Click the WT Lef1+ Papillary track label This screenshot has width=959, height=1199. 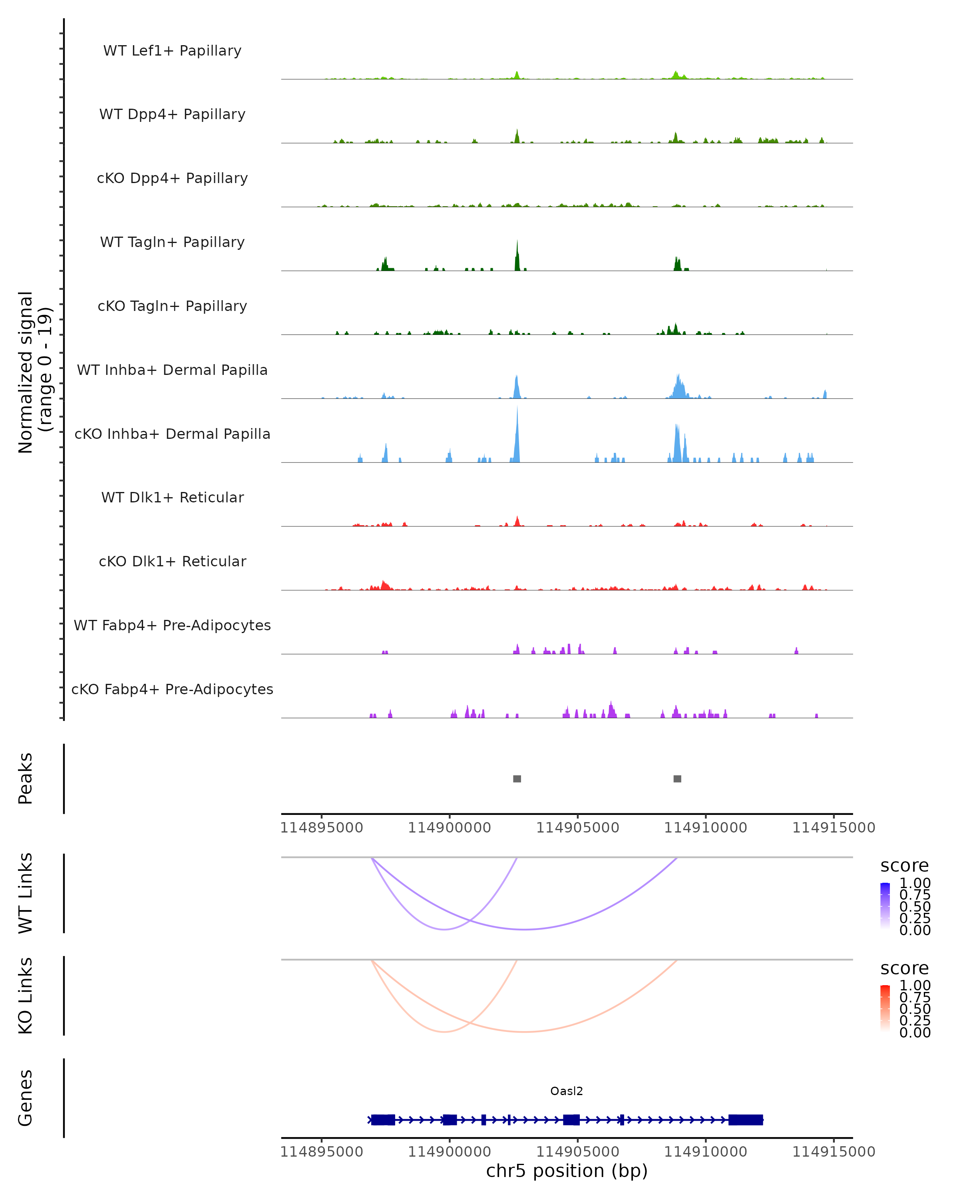point(172,51)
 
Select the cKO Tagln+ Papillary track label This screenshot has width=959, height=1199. point(172,306)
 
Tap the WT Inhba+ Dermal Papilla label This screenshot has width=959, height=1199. point(172,370)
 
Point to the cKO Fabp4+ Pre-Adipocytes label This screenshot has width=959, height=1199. point(172,689)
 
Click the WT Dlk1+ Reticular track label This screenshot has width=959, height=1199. point(172,497)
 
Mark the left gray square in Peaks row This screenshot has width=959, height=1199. point(517,779)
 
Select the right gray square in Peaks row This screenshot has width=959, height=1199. point(677,779)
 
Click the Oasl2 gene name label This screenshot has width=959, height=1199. point(567,1091)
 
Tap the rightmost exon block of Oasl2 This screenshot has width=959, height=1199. point(746,1119)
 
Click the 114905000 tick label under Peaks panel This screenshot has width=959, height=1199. point(578,828)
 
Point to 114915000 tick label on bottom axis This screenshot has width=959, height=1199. point(834,1152)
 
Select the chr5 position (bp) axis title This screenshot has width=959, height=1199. point(567,1171)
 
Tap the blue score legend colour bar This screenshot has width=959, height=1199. point(885,906)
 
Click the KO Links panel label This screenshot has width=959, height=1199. point(26,996)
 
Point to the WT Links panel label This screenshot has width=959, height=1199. point(26,893)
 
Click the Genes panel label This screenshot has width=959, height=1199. point(26,1098)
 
